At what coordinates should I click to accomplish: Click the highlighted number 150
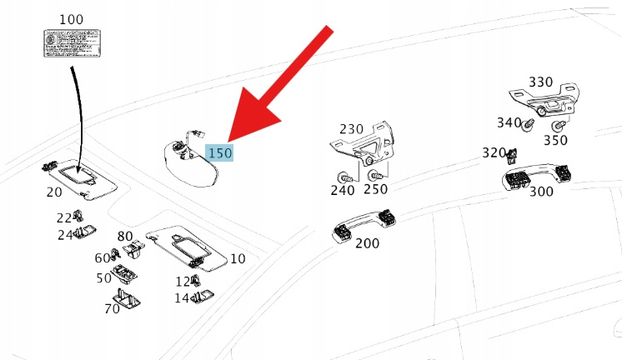220,152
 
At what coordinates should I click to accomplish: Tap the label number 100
73,17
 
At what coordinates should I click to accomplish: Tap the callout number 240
343,190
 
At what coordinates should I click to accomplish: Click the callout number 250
376,190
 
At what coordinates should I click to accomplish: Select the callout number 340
509,122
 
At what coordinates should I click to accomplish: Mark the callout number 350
556,140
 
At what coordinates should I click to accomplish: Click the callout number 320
494,153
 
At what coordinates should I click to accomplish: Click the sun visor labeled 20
81,176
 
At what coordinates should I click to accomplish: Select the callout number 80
125,237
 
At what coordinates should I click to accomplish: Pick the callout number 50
104,277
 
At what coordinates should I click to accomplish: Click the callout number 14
182,297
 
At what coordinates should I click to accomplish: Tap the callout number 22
64,217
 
